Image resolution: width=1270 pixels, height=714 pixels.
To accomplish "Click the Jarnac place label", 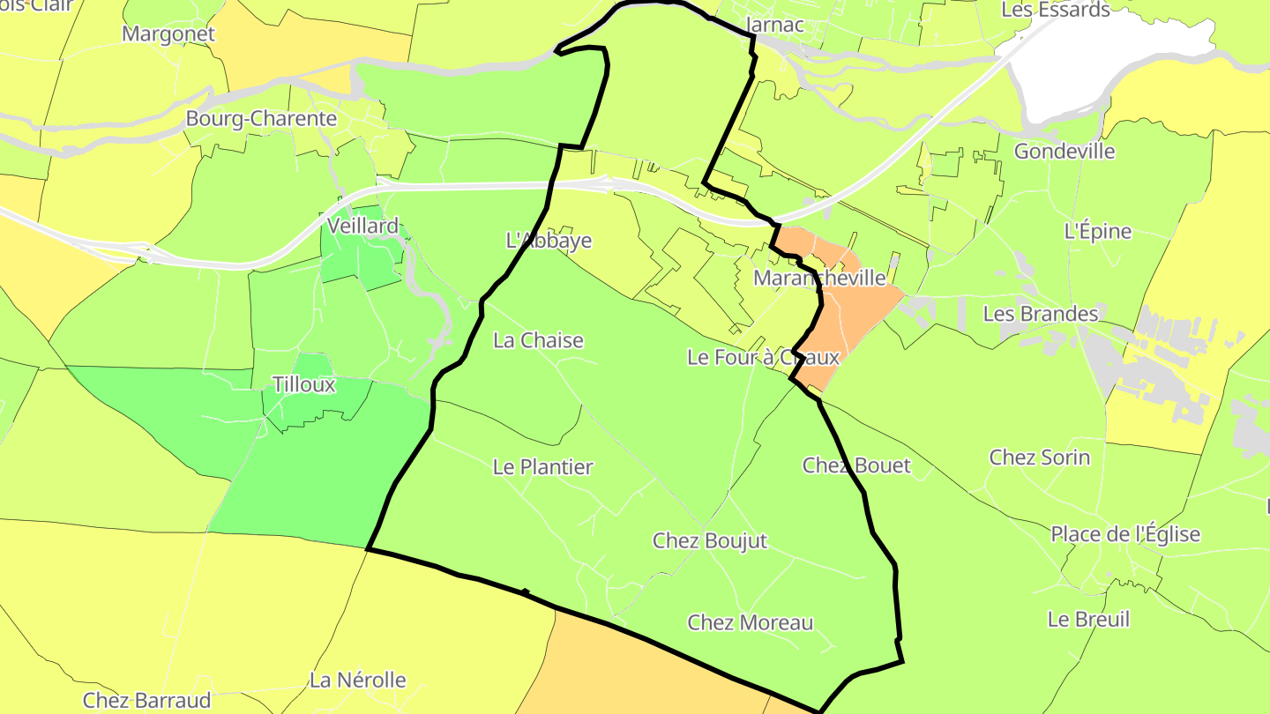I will [775, 25].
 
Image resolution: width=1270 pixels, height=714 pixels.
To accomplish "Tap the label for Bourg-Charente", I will [261, 118].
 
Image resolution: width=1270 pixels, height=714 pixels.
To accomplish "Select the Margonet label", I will [168, 34].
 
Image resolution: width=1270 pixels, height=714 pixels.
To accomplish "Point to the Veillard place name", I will [362, 227].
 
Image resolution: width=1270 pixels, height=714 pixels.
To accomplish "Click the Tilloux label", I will [304, 385].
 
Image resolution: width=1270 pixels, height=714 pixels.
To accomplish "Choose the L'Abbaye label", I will [549, 241].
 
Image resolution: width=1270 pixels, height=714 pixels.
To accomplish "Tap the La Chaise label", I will [538, 340].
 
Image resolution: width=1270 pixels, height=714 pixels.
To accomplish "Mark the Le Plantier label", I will [543, 467].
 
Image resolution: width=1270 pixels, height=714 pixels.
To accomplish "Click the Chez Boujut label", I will [710, 541].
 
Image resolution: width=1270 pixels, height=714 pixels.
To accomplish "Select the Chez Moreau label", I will [751, 623].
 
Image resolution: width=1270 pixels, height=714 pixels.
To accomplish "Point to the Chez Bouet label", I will [856, 465].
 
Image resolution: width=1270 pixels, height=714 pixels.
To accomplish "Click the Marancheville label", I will [820, 279].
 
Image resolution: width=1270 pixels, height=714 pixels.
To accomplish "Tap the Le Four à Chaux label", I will [763, 358].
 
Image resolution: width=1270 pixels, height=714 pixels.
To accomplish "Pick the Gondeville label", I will [1065, 152].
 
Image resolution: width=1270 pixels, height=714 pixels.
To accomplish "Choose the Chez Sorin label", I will [1040, 457].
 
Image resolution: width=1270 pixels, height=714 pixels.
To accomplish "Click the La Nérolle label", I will [358, 681].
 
